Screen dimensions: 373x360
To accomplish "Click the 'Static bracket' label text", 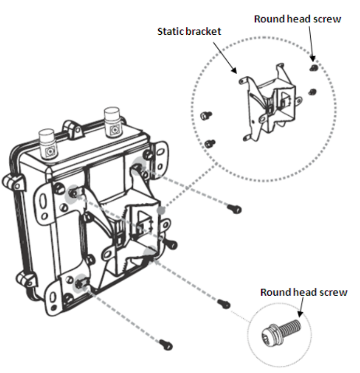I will [x=189, y=32].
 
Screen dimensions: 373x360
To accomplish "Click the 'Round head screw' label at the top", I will [x=297, y=19].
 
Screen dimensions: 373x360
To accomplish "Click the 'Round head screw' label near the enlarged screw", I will [x=303, y=292].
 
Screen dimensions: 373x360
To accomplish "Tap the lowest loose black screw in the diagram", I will [x=165, y=343].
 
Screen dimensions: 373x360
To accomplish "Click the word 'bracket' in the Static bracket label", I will [x=202, y=32].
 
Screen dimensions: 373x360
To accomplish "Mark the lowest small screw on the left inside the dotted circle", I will [x=210, y=144].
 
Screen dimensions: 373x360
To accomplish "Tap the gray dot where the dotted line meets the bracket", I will [x=162, y=211].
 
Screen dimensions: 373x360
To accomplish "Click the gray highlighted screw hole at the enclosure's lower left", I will [x=80, y=283].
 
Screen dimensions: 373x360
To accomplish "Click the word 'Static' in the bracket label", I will [x=170, y=32].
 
